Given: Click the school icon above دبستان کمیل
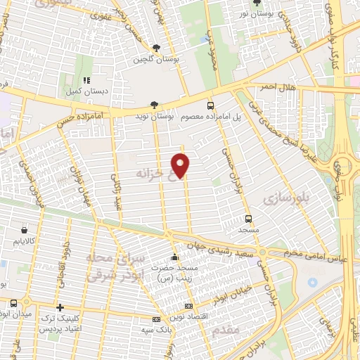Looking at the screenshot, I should point(87,81).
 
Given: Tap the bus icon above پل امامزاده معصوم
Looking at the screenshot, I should point(210,105).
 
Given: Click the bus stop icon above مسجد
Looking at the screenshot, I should point(248,219).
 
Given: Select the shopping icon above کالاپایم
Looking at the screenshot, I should point(25,230).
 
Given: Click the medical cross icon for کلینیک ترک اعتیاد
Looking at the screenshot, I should point(60,307).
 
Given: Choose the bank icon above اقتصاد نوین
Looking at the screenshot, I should point(188,307).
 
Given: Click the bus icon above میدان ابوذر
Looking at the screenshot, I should point(14,303).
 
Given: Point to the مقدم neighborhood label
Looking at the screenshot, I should point(225,329).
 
